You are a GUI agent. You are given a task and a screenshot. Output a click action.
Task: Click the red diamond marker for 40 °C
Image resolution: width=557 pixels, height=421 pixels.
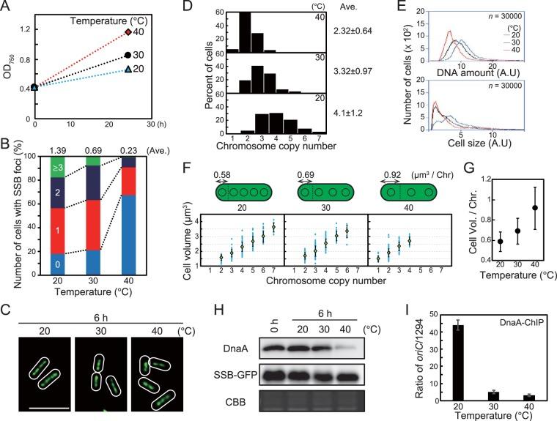pyautogui.click(x=128, y=32)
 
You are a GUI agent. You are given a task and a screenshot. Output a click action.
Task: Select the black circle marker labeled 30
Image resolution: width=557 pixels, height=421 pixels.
pyautogui.click(x=128, y=55)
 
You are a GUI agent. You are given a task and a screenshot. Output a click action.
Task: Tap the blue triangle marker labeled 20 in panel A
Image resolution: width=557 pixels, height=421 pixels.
pyautogui.click(x=128, y=70)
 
